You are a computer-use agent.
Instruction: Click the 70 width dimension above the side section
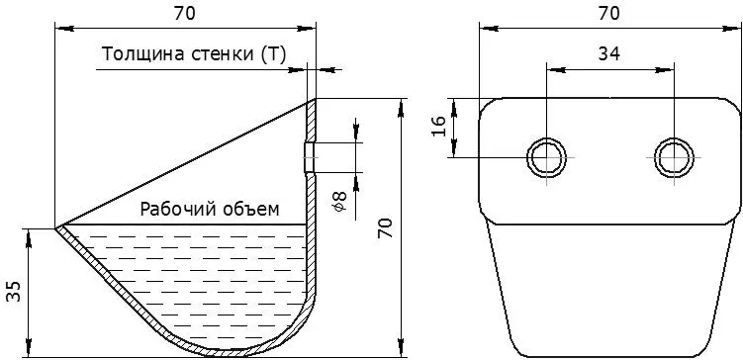(x=184, y=14)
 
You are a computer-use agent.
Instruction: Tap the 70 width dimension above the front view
(x=608, y=14)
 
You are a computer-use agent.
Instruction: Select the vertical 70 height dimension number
(x=386, y=227)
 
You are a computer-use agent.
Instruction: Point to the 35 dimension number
(x=14, y=291)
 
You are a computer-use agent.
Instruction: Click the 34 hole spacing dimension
(x=608, y=54)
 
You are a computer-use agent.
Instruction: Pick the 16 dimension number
(x=439, y=127)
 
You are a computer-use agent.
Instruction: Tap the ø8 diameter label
(x=340, y=202)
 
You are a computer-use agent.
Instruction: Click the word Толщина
(x=143, y=54)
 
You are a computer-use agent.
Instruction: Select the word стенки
(x=223, y=55)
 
